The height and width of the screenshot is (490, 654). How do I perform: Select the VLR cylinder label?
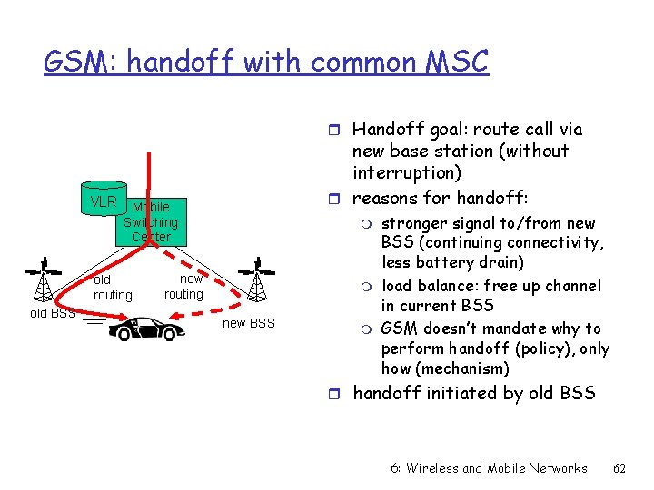pyautogui.click(x=104, y=201)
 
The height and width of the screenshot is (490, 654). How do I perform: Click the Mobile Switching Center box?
pyautogui.click(x=151, y=222)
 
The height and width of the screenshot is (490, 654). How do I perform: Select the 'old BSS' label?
pyautogui.click(x=52, y=314)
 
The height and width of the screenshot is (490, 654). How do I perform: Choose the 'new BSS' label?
pyautogui.click(x=248, y=324)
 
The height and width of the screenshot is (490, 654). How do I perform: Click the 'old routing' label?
pyautogui.click(x=113, y=288)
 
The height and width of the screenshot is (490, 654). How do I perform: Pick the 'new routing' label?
pyautogui.click(x=183, y=287)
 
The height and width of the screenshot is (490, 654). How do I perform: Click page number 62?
pyautogui.click(x=620, y=468)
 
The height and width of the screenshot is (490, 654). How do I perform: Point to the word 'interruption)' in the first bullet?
pyautogui.click(x=395, y=172)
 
